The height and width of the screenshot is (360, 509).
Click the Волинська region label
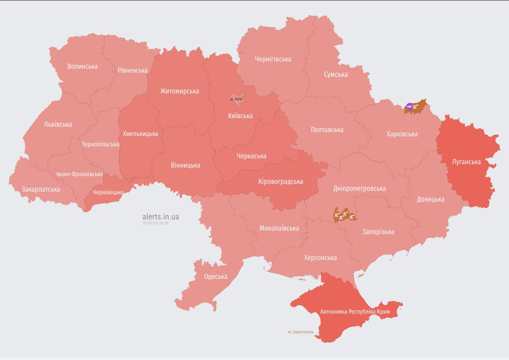(82, 67)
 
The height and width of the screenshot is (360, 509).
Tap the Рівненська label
(133, 71)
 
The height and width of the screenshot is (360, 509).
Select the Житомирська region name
(180, 91)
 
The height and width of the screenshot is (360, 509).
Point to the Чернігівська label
(273, 59)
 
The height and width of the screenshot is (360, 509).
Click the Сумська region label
(336, 75)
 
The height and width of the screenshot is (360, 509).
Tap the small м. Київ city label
(236, 99)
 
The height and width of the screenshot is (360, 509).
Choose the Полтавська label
(327, 130)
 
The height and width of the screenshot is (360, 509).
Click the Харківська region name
(402, 134)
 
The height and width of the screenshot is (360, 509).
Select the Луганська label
(466, 162)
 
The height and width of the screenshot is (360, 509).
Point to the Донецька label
(431, 199)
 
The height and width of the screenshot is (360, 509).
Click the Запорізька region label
(378, 232)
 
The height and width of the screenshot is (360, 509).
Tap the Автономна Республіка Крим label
(355, 312)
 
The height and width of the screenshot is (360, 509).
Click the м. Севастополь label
(301, 332)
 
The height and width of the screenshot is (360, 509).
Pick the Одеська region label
(216, 277)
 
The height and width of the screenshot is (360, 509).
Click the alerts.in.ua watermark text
(161, 217)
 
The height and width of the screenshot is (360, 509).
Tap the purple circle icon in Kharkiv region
(410, 107)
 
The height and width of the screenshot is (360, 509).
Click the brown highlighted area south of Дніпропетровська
(344, 215)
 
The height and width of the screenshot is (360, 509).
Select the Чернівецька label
(108, 192)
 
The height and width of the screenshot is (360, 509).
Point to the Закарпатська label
(41, 189)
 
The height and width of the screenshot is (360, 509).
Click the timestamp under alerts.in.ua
(156, 223)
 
